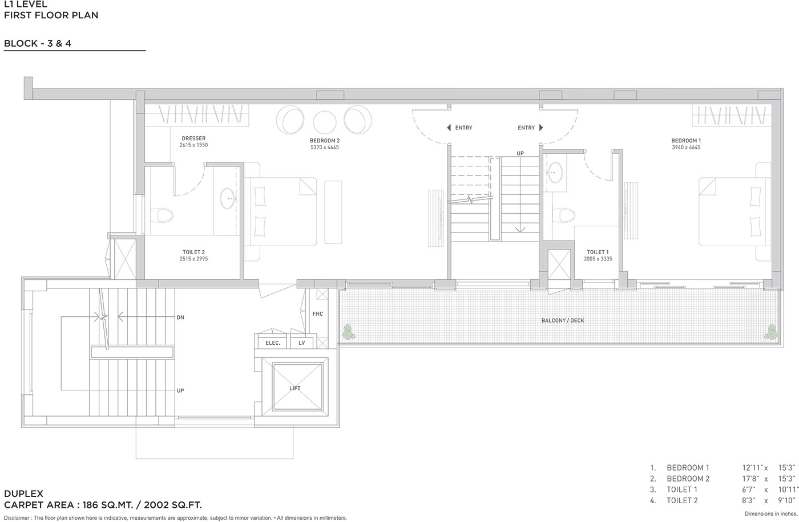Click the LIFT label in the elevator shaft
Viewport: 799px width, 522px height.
[x=294, y=388]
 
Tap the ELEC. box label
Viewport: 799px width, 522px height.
[x=273, y=343]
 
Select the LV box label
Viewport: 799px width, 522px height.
[x=302, y=343]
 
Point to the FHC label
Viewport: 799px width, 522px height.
[x=317, y=313]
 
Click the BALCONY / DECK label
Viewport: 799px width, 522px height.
[x=563, y=320]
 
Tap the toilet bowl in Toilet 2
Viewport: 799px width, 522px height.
[x=162, y=215]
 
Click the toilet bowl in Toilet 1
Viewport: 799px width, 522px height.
[x=564, y=215]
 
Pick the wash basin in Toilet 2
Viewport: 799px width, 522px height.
[x=228, y=198]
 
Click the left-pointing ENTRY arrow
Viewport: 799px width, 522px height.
[x=449, y=128]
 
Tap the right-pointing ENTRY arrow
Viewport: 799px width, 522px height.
[x=541, y=128]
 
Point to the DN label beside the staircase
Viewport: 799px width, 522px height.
[x=180, y=317]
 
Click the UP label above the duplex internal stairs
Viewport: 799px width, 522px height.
[x=520, y=153]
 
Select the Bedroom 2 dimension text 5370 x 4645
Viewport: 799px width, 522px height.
[x=325, y=147]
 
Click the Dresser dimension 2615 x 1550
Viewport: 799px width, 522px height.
[x=193, y=145]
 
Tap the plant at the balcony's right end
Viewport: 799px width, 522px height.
[x=771, y=332]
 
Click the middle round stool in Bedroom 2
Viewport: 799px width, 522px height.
[x=325, y=122]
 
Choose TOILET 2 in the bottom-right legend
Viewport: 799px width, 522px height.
[x=682, y=500]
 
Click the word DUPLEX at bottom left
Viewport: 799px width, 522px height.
[x=23, y=494]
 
